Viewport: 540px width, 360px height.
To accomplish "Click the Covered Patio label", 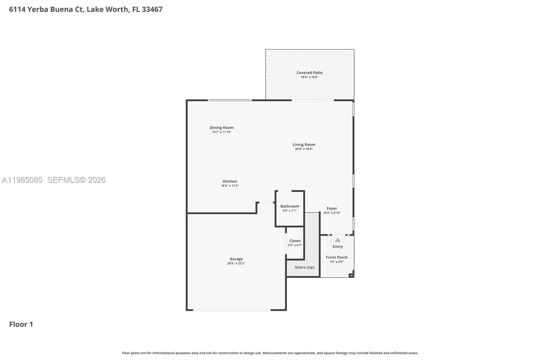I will [x=309, y=73].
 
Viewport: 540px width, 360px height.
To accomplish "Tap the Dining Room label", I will [x=221, y=128].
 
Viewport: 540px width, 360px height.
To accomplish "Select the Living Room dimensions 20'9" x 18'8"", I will [x=304, y=149].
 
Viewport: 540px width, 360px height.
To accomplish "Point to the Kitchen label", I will [x=230, y=181].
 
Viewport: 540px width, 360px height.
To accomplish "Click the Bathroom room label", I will [x=290, y=206].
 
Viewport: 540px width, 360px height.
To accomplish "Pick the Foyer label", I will [x=332, y=208].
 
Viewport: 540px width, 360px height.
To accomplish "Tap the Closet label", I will [x=295, y=241].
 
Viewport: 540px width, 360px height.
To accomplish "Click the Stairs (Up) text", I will [x=304, y=267].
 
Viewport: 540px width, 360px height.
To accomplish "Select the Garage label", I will [x=236, y=259].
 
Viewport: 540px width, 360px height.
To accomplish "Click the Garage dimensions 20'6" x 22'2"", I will [x=236, y=263].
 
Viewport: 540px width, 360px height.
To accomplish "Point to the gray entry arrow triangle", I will [x=337, y=240].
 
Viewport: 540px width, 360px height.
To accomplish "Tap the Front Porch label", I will [x=336, y=257].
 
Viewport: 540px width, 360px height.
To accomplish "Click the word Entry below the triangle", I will [x=337, y=247].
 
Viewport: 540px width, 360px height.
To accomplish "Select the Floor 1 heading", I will [x=21, y=324].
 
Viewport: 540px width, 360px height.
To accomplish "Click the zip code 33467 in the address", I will [x=152, y=9].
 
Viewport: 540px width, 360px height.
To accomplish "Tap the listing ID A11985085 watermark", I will [x=22, y=180].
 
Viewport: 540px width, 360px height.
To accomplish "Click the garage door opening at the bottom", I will [x=232, y=310].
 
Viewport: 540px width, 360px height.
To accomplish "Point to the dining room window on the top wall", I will [x=230, y=100].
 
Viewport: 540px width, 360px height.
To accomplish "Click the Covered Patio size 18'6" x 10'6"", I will [x=309, y=77].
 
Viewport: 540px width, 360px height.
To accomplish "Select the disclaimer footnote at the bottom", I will [x=270, y=353].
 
